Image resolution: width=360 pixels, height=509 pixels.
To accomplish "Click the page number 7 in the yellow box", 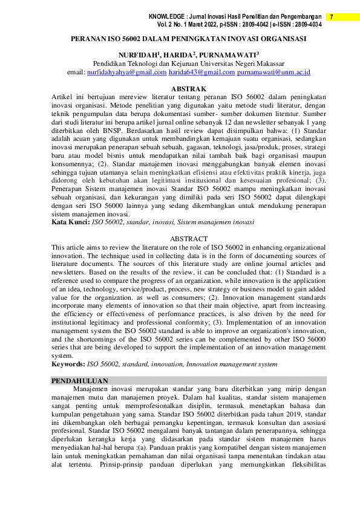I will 332,17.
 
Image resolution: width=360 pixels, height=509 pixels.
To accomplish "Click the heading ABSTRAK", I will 189,89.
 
